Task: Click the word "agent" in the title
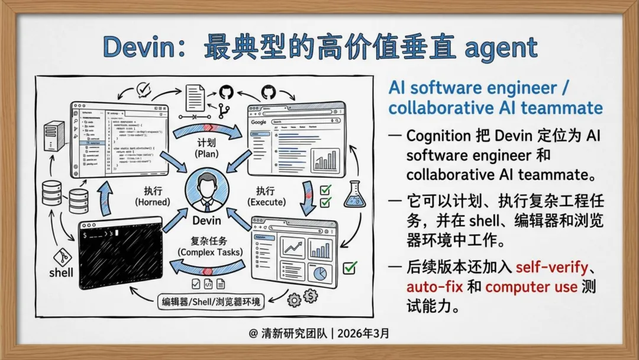point(501,48)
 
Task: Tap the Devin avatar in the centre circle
point(206,191)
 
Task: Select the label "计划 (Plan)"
point(207,148)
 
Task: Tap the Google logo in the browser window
point(259,122)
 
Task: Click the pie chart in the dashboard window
point(320,274)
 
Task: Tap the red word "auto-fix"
point(433,287)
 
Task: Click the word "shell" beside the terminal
point(62,272)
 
